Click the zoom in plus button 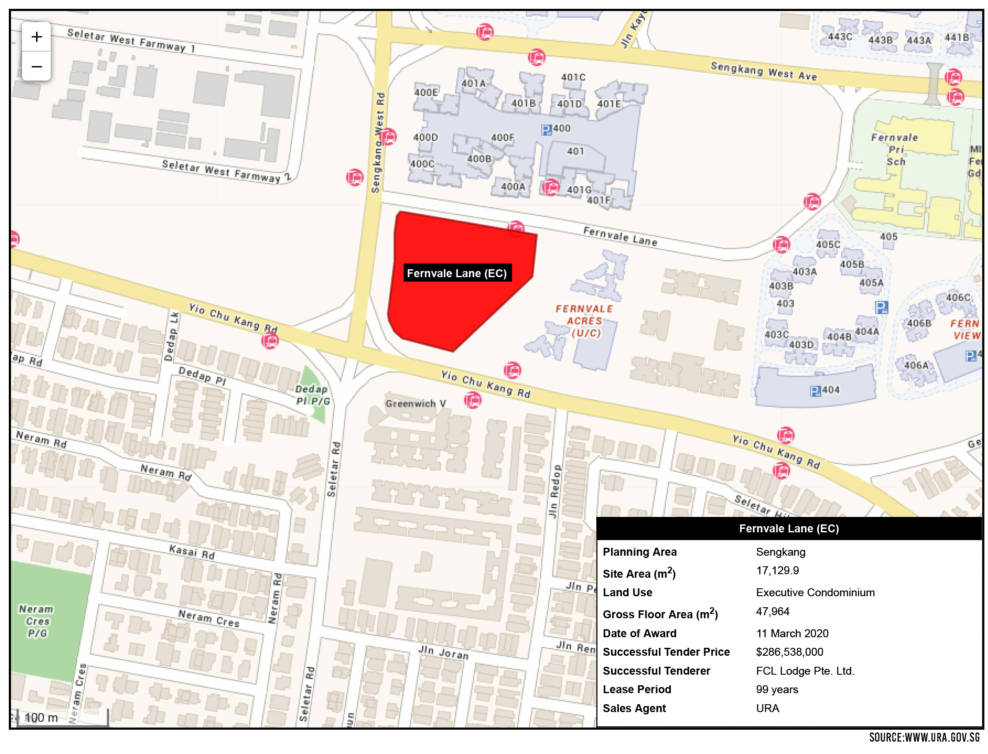[37, 37]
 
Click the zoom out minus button [37, 67]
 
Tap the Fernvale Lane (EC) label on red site [457, 273]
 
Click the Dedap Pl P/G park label [313, 395]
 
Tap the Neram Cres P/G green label [37, 621]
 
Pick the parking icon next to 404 [815, 391]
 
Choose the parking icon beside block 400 [546, 130]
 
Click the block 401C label [573, 78]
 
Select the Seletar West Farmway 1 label [131, 41]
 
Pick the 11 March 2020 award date [792, 633]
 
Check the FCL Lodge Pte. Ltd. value [805, 671]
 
